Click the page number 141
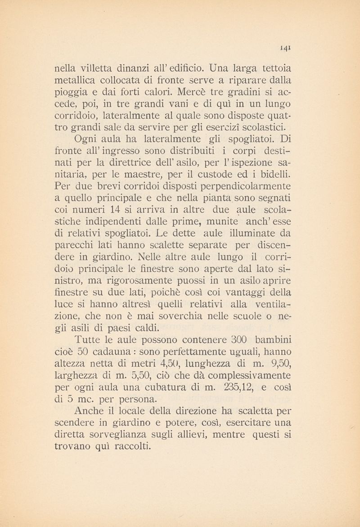(x=285, y=45)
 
